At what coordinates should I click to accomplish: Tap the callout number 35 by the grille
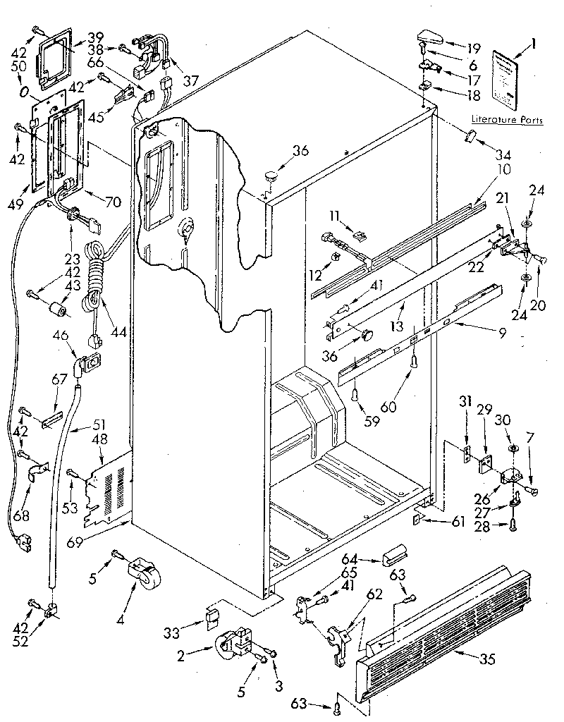(486, 660)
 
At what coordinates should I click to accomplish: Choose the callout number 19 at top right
(473, 49)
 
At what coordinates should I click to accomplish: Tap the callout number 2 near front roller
(181, 656)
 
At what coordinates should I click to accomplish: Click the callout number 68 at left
(21, 517)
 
